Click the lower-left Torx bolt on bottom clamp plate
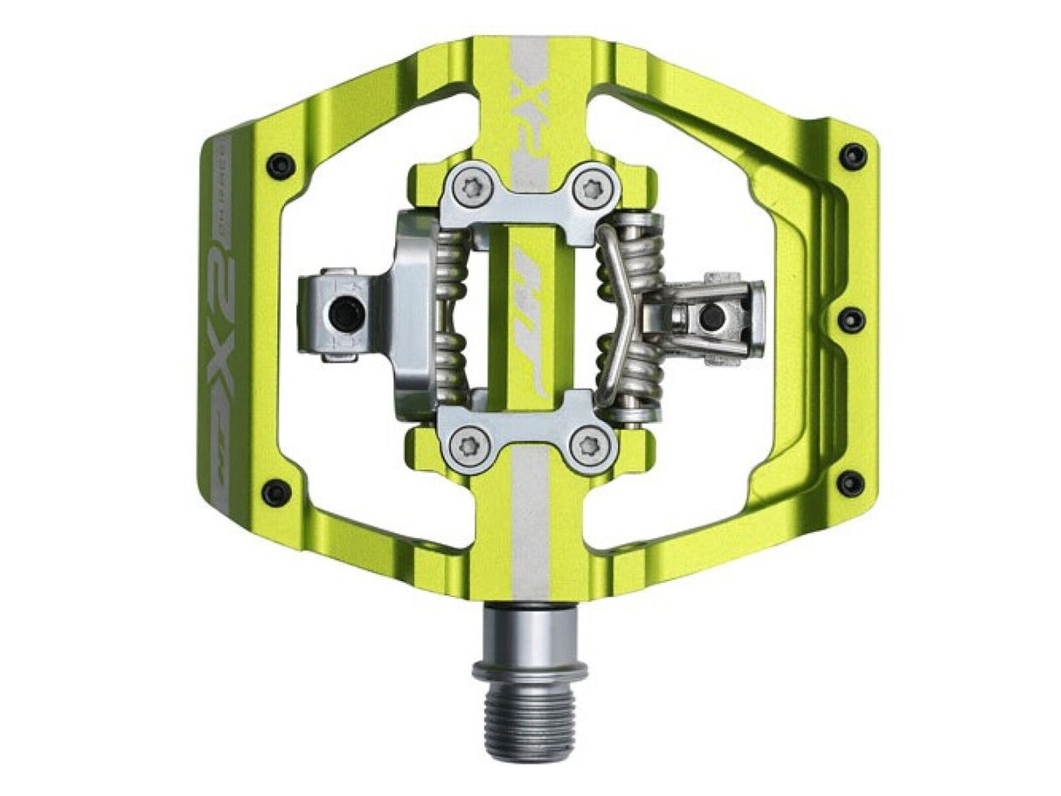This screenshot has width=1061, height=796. tap(469, 446)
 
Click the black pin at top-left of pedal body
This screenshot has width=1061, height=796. tap(280, 165)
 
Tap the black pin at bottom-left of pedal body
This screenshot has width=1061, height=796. tap(276, 492)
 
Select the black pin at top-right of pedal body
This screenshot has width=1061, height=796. tap(852, 156)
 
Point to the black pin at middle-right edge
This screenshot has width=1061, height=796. tap(851, 319)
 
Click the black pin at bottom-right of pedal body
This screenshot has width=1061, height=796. tap(849, 481)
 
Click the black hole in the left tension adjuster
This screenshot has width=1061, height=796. tap(347, 315)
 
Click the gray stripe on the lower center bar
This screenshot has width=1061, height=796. tap(530, 524)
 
